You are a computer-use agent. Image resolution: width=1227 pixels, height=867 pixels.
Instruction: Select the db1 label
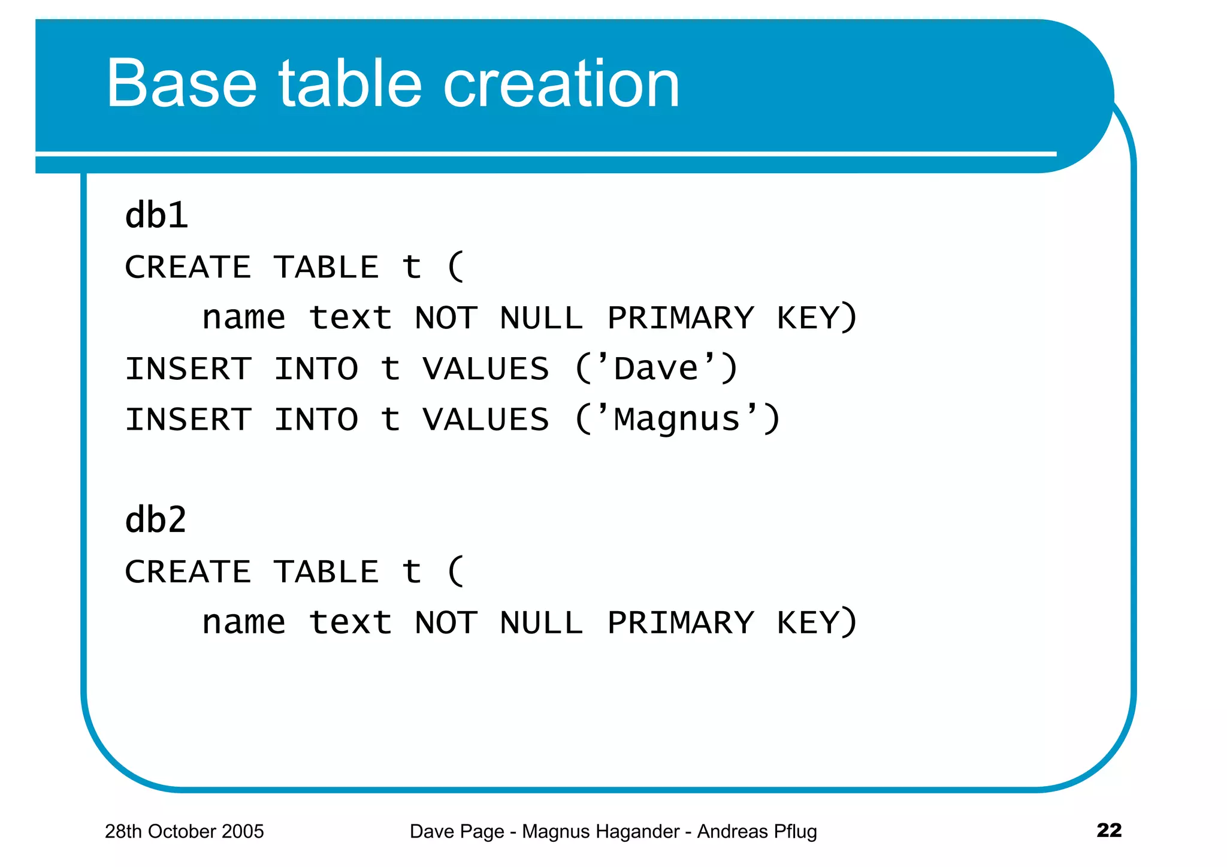coord(156,215)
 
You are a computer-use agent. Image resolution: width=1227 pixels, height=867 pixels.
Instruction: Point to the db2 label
coord(156,519)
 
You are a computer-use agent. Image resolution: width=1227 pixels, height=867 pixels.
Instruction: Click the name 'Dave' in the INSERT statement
coord(656,368)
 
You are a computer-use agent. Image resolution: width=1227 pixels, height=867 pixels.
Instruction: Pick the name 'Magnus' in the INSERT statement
coord(677,419)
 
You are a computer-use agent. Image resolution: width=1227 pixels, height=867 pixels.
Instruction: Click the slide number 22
coord(1108,830)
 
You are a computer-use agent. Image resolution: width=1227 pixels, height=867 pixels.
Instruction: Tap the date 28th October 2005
coord(184,831)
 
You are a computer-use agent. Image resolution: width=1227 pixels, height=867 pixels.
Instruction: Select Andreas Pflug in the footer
coord(757,831)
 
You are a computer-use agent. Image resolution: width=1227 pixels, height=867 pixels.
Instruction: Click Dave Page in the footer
coord(457,831)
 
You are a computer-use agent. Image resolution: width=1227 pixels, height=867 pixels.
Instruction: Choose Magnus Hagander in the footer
coord(600,831)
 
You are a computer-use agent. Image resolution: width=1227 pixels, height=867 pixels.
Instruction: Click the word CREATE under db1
coord(188,267)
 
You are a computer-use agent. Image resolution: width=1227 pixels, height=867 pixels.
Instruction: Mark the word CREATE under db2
coord(188,572)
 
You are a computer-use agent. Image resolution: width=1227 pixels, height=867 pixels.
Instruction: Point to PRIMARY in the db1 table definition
coord(681,318)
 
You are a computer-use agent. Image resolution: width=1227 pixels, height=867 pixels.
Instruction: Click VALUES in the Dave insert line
coord(485,368)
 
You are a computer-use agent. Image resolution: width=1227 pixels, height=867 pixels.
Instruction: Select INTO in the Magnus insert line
coord(316,419)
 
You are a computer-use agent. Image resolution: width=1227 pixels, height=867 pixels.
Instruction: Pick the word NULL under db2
coord(541,623)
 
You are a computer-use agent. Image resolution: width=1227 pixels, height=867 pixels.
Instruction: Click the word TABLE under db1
coord(327,267)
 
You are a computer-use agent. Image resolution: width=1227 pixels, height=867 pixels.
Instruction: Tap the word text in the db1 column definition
coord(350,318)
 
